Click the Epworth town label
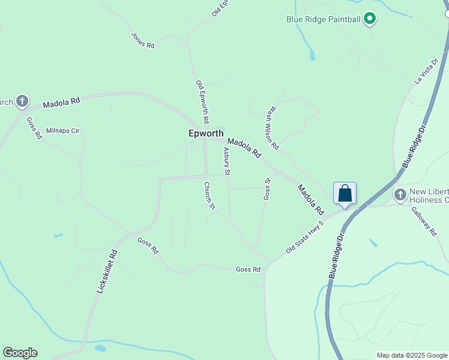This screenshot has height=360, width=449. coord(206,134)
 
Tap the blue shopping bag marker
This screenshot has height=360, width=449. coord(345,194)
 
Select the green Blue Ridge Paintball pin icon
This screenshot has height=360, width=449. coord(370,19)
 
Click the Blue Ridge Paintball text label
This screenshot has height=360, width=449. coord(323,19)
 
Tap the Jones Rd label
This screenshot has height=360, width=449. coord(143,40)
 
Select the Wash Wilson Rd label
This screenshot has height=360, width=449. coord(273,128)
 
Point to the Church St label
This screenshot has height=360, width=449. coord(209,196)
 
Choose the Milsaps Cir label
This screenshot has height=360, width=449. coord(63,130)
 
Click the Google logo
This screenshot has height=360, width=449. coord(20,353)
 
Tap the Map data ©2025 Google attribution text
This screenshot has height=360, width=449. coord(412,355)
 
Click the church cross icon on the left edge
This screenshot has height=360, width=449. coord(22,101)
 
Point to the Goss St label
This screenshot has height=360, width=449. coord(267,188)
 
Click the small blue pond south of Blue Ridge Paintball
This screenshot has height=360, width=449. coord(312,56)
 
